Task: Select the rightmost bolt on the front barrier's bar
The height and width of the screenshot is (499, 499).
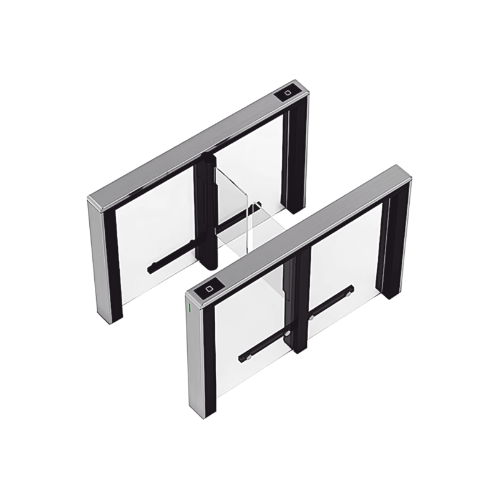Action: point(350,289)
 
